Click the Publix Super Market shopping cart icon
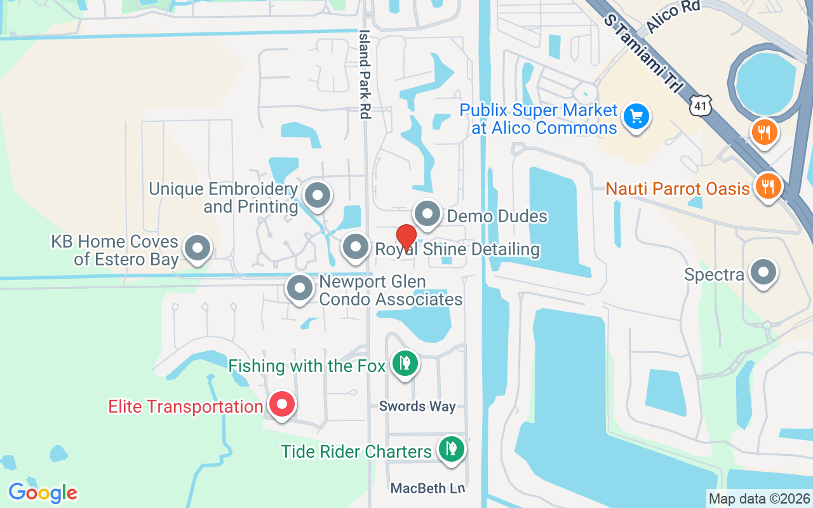pos(636,117)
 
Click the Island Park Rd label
pos(365,74)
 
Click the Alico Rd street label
pos(673,17)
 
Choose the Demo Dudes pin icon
pos(427,214)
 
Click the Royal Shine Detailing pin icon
pos(356,247)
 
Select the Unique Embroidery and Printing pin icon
pos(317,195)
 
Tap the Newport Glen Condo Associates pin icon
pos(300,288)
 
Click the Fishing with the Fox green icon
pos(404,363)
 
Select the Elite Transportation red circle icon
pos(281,404)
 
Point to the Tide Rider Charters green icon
pos(451,449)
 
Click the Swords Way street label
pos(417,406)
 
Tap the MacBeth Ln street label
pos(427,488)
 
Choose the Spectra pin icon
pos(763,272)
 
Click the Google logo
pos(43,493)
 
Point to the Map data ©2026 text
pos(759,499)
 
